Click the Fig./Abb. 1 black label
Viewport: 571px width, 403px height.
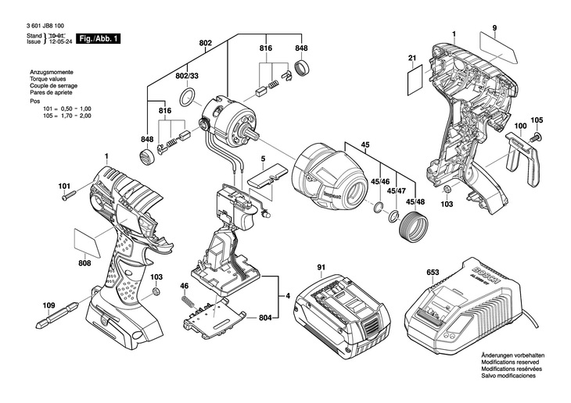click(98, 39)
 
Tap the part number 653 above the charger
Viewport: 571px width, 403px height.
click(433, 273)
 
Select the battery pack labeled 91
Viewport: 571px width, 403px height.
click(343, 316)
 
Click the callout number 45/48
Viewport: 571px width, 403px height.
click(415, 202)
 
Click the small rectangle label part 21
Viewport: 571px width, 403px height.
click(415, 80)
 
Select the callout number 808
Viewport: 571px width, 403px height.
click(84, 263)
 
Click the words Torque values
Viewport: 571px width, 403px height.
click(48, 79)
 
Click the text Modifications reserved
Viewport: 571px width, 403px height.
click(510, 362)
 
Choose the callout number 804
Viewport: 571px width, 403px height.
click(265, 318)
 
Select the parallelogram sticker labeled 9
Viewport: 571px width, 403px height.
click(497, 48)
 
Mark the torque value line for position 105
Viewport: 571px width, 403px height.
click(67, 116)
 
